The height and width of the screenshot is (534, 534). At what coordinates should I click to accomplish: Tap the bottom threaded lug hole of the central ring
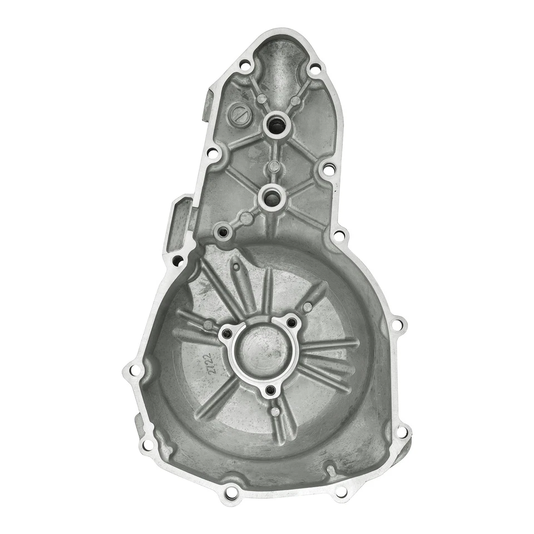[271, 391]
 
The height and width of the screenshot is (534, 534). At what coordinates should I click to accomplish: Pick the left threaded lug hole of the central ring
[226, 334]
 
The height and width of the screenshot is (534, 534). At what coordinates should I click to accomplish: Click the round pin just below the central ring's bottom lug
[274, 412]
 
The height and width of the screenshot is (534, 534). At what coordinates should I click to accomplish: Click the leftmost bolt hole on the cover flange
[131, 369]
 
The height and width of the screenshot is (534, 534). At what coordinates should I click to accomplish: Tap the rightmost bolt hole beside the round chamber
[398, 323]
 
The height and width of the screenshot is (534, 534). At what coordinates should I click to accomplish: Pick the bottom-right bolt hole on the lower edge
[341, 491]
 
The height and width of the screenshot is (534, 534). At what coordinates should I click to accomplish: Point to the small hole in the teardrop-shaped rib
[308, 306]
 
